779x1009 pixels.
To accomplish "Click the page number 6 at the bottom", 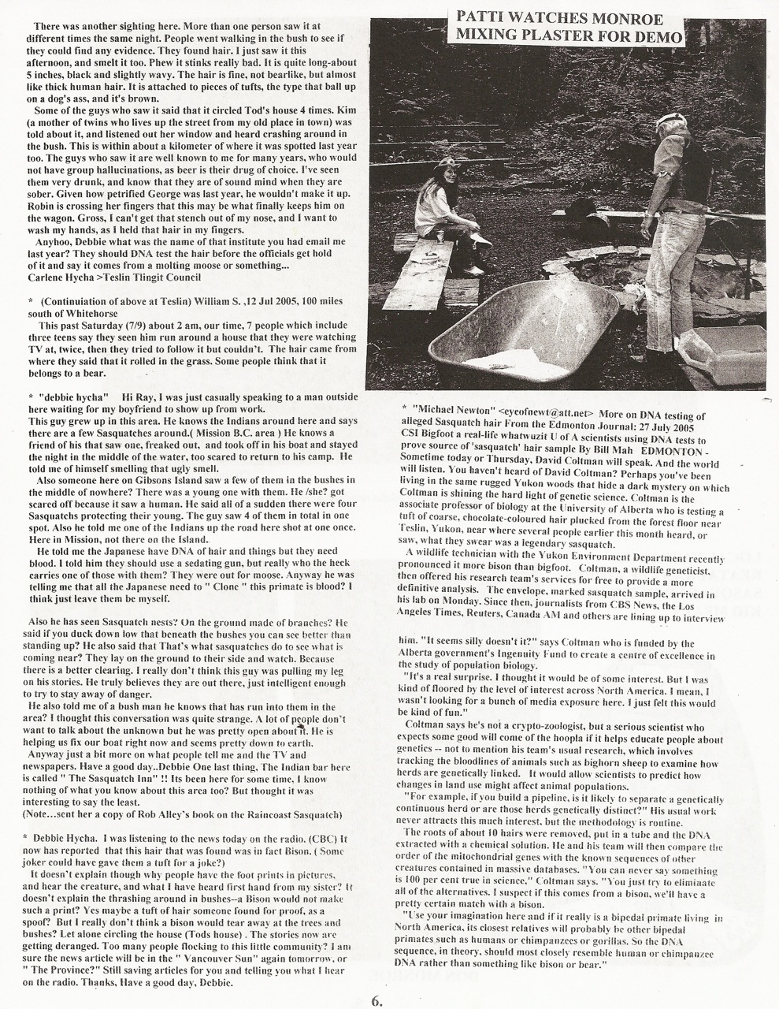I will click(377, 1000).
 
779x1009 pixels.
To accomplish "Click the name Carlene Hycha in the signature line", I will click(58, 277).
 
